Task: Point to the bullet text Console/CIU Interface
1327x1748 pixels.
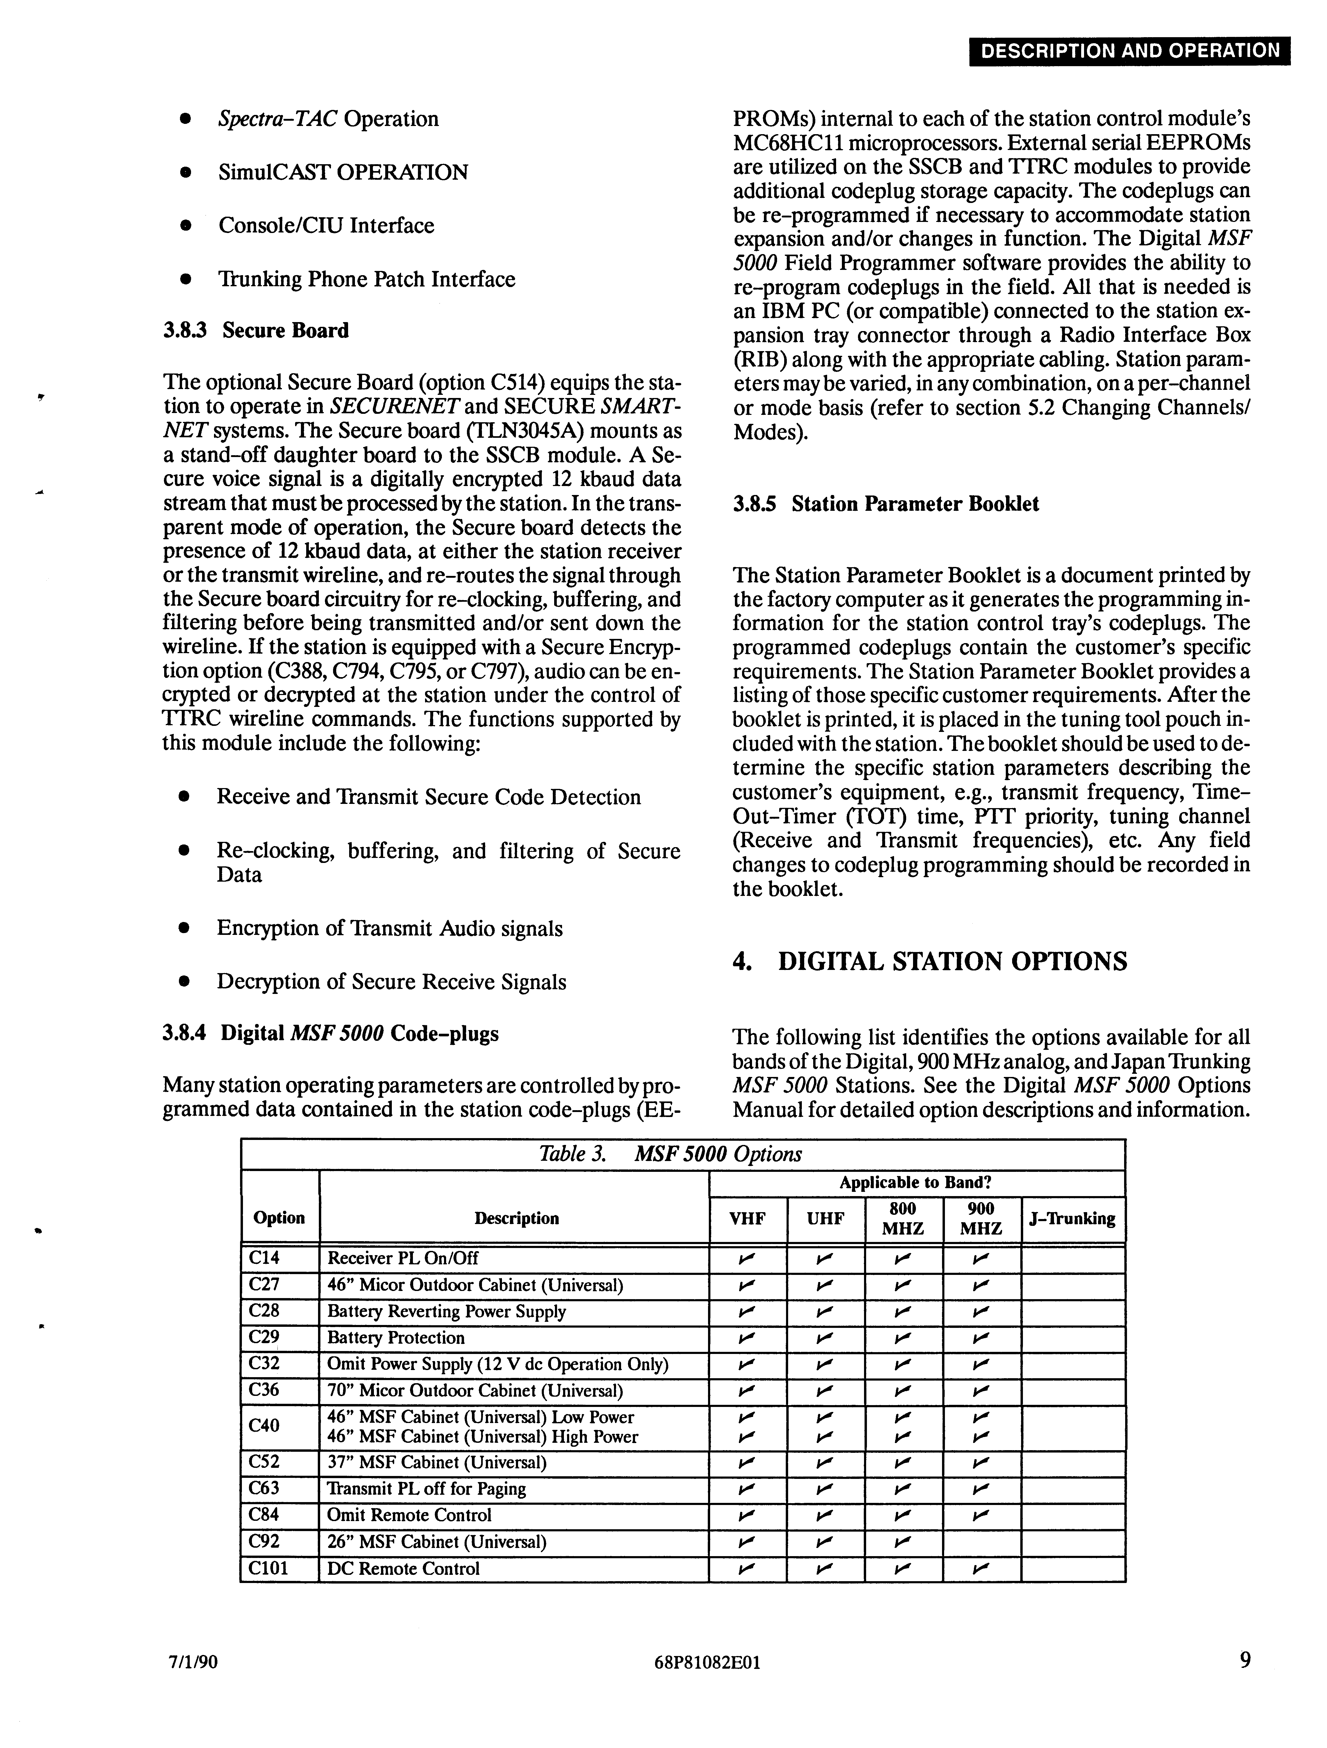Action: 326,226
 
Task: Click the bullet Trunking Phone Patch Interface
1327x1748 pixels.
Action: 367,280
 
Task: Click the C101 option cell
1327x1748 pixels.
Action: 269,1569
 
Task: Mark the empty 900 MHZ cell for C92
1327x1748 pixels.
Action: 981,1542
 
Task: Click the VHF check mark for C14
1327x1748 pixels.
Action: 747,1258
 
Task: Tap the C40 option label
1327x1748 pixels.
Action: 264,1426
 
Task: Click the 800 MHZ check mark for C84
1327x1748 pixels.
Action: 903,1516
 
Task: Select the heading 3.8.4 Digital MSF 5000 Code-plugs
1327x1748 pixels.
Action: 330,1034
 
